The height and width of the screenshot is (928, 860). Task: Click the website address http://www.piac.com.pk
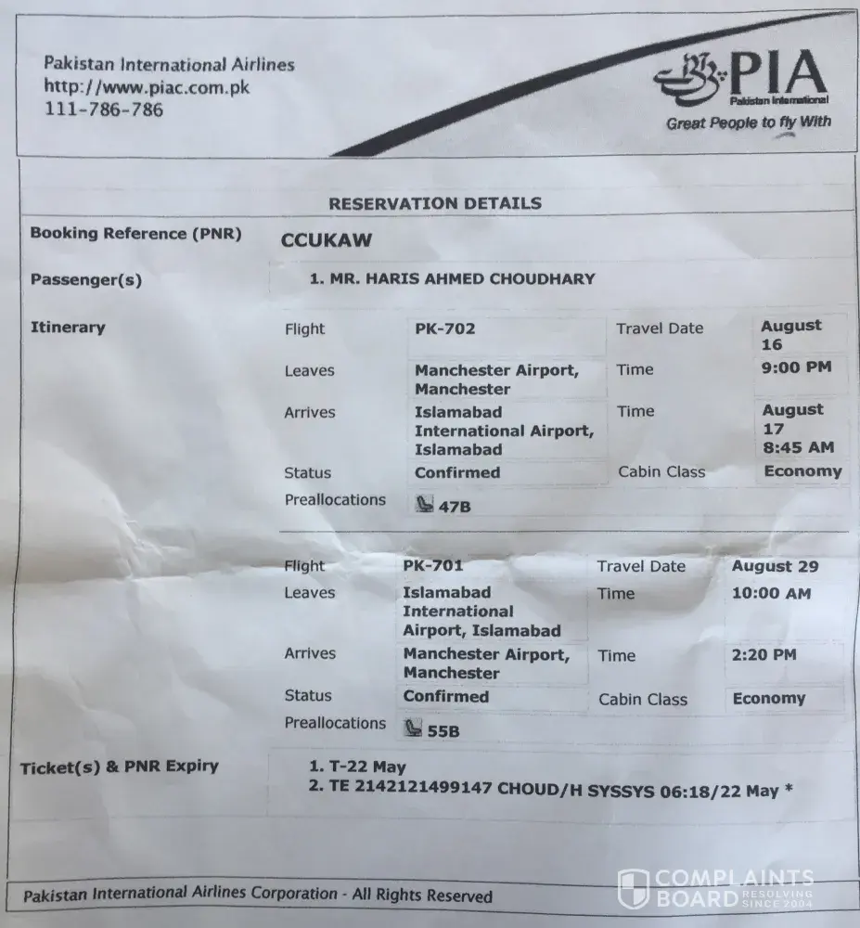click(147, 87)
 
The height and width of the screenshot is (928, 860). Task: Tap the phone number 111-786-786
click(104, 110)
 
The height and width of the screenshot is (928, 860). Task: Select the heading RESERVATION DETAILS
click(435, 203)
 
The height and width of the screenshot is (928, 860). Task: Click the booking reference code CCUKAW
click(326, 240)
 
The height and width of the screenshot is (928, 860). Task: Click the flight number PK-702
click(445, 328)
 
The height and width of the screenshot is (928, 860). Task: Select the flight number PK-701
click(433, 565)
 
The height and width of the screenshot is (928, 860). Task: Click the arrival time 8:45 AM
click(798, 447)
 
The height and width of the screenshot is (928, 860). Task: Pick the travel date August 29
click(775, 566)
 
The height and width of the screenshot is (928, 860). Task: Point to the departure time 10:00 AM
click(771, 593)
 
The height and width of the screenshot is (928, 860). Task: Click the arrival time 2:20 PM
click(764, 654)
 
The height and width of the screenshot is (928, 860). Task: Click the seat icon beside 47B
click(424, 506)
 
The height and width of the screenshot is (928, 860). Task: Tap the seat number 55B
click(443, 731)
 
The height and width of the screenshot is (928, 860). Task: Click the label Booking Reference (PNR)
click(135, 234)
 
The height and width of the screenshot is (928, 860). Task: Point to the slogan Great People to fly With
click(748, 122)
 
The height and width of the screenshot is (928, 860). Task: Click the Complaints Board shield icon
click(634, 889)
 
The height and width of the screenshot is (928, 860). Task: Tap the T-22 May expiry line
click(357, 767)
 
